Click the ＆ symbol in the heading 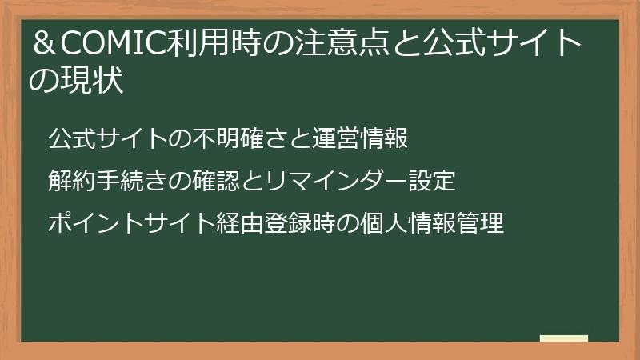42,42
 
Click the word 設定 432,182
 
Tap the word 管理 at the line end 480,223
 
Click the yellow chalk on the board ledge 564,338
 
